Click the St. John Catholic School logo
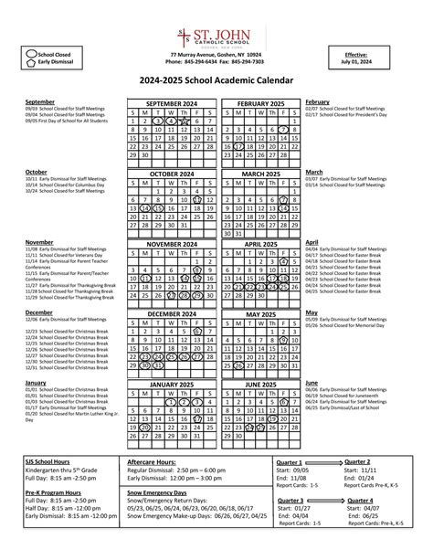tap(216, 37)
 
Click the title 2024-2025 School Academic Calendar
tap(216, 81)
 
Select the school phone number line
tap(216, 61)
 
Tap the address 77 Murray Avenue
tap(216, 54)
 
